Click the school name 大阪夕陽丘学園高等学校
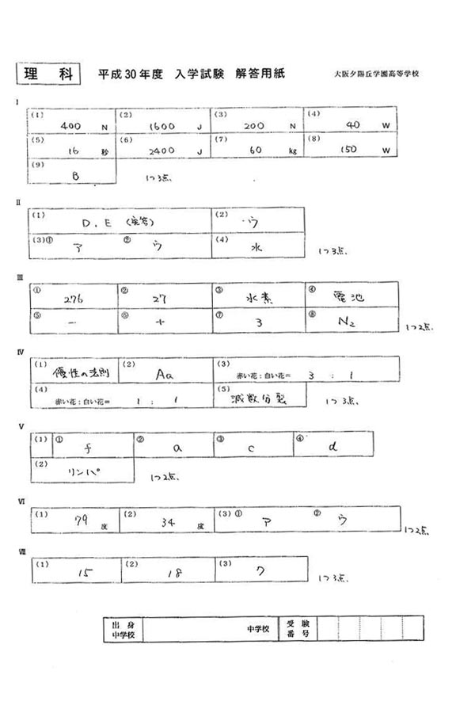coord(376,74)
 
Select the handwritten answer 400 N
coord(75,126)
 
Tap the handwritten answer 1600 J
coord(168,126)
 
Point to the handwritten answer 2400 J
coord(168,150)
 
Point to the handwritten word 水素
coord(259,299)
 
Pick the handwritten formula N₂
coord(348,322)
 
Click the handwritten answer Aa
coord(165,372)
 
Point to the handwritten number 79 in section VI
coord(78,520)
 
